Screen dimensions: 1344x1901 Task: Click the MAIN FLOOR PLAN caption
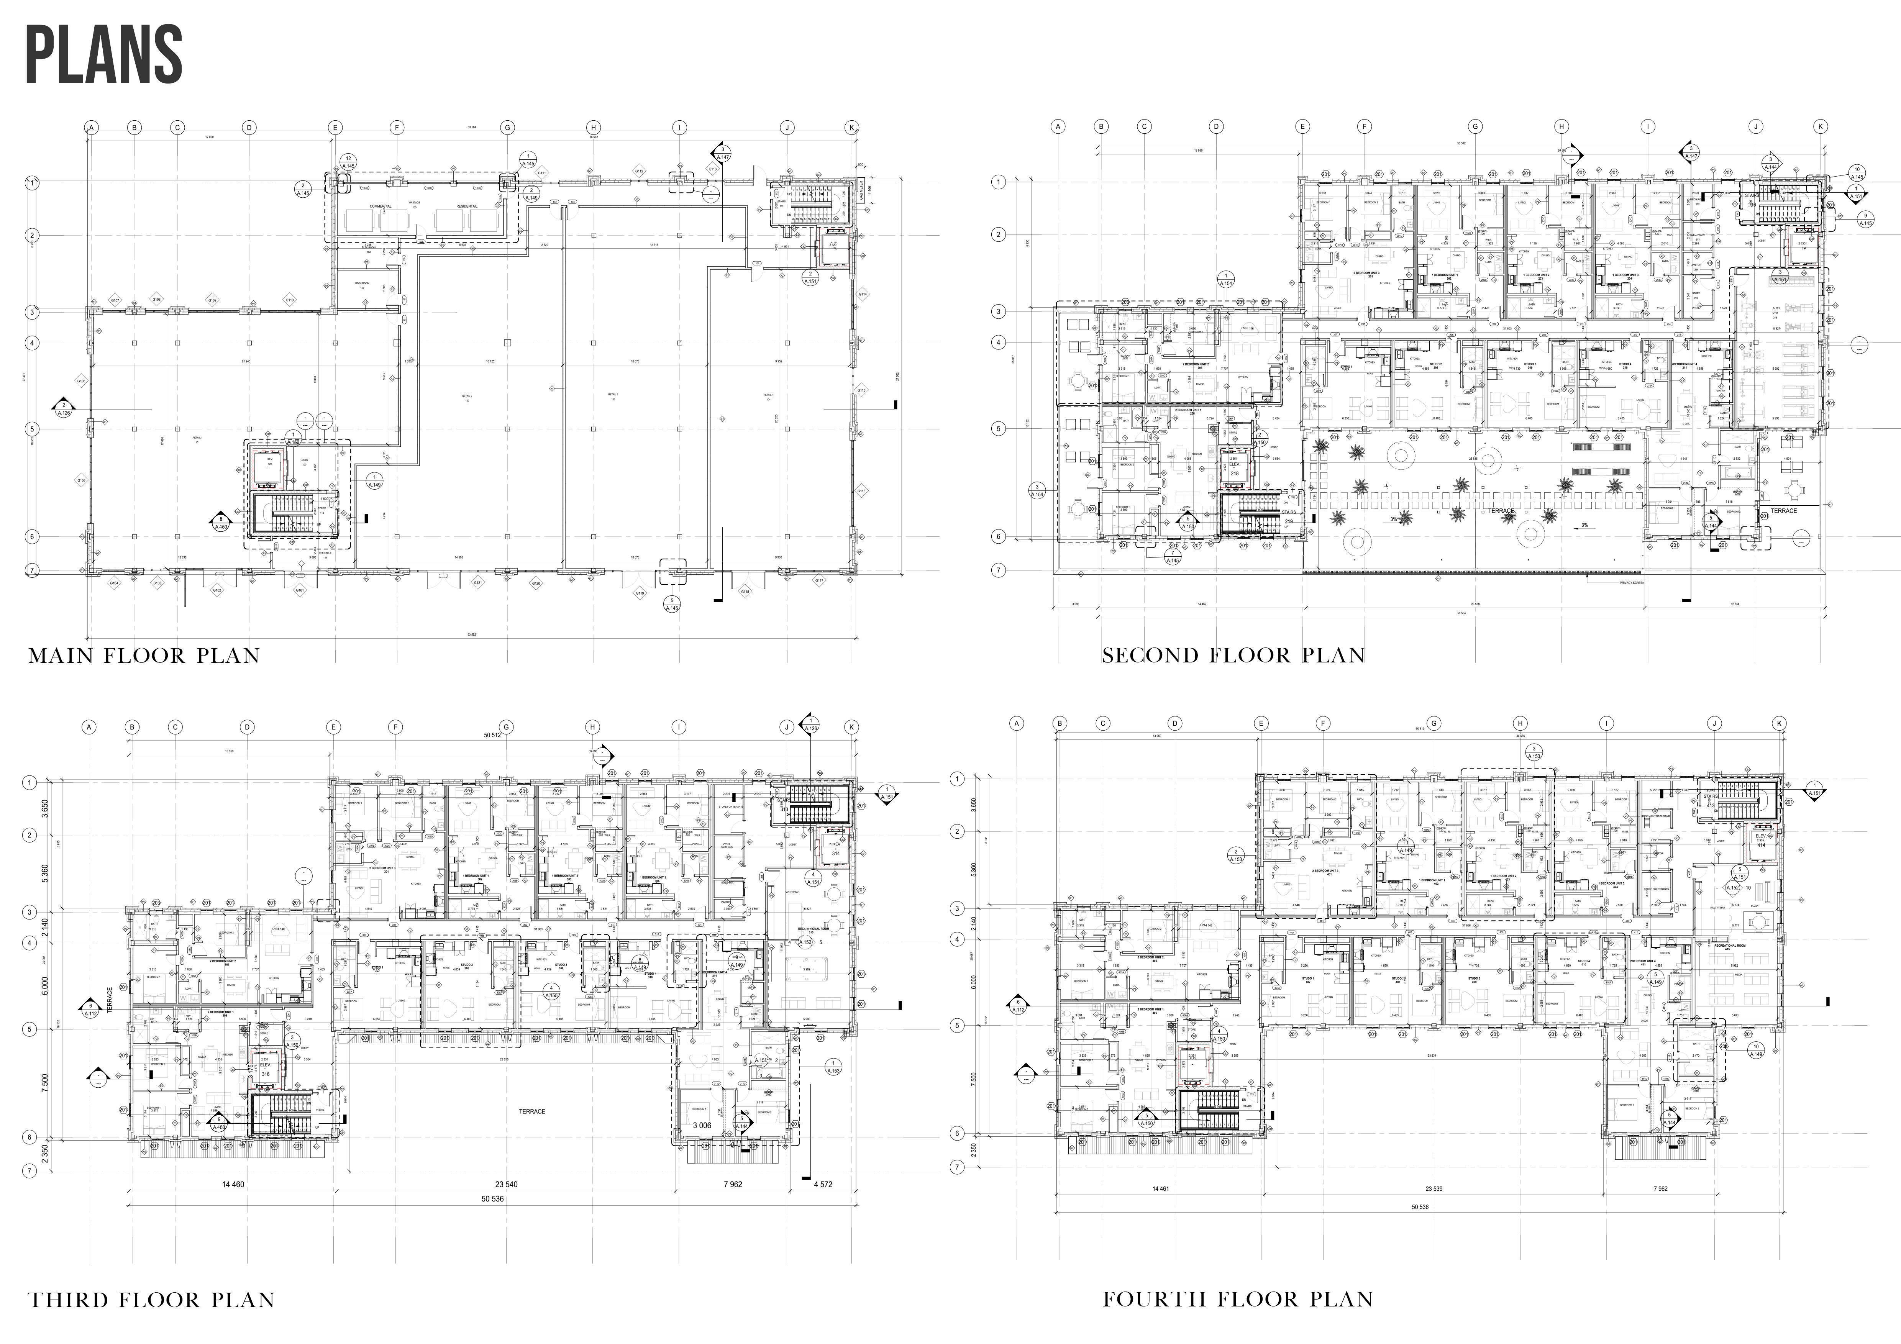(144, 656)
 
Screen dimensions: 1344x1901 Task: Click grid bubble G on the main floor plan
(508, 128)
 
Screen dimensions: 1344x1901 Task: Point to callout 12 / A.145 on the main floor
(349, 162)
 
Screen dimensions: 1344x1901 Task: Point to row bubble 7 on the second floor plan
(999, 570)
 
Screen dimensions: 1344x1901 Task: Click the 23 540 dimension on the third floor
(506, 1184)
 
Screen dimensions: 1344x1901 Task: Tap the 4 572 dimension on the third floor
(822, 1184)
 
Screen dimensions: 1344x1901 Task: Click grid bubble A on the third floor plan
(89, 728)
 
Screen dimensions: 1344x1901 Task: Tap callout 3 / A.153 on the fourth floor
(1534, 752)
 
